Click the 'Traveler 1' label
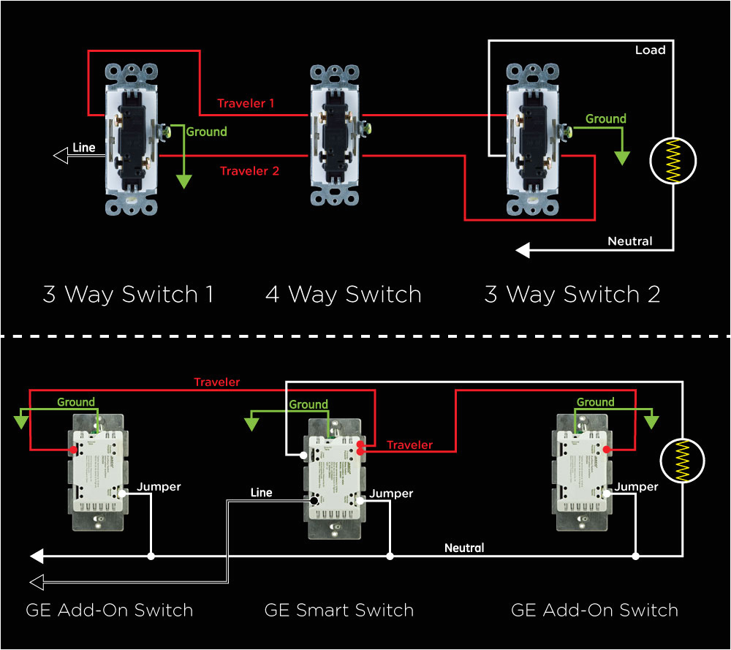point(246,104)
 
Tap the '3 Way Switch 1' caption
point(128,295)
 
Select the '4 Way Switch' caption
point(343,295)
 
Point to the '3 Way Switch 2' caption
point(572,295)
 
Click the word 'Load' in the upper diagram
point(650,50)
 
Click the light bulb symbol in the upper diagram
point(673,161)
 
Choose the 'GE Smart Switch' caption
point(339,611)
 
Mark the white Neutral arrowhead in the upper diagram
point(523,251)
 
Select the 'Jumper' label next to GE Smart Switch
point(391,494)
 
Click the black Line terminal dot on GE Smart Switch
point(314,501)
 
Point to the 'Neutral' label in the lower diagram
point(464,548)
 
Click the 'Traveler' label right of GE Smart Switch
point(409,445)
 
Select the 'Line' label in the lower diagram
point(261,493)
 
